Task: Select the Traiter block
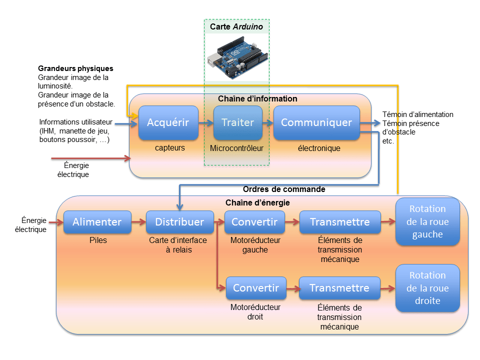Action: tap(237, 122)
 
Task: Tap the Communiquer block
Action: tap(316, 122)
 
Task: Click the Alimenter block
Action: tap(97, 222)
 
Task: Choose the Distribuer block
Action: tap(179, 222)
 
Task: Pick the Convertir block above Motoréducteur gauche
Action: tap(254, 222)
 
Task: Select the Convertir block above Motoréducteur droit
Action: tap(256, 288)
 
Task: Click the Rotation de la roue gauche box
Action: tap(427, 222)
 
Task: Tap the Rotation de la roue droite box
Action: tap(427, 288)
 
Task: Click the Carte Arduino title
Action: tap(236, 26)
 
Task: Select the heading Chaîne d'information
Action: tap(257, 99)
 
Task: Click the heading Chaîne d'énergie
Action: tap(257, 202)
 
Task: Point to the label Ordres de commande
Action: tap(284, 189)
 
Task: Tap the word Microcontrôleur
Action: tap(236, 148)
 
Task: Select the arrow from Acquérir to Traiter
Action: tap(205, 122)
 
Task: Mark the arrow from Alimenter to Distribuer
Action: tap(138, 222)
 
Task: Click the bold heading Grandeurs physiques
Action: tap(75, 68)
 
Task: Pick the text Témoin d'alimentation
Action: tap(417, 114)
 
